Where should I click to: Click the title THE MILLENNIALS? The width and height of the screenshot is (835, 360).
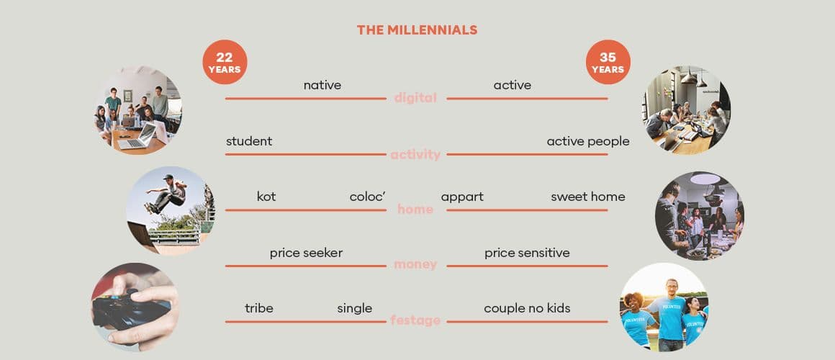pyautogui.click(x=417, y=30)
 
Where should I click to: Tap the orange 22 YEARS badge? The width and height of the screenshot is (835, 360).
pyautogui.click(x=225, y=62)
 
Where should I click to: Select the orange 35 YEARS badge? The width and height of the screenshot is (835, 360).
pyautogui.click(x=608, y=62)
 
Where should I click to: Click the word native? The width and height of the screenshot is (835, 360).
pyautogui.click(x=322, y=85)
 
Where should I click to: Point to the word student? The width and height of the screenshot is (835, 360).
pyautogui.click(x=248, y=141)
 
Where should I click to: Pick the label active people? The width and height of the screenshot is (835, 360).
pyautogui.click(x=588, y=142)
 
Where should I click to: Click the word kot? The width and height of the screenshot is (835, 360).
pyautogui.click(x=266, y=197)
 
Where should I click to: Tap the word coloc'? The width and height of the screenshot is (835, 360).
pyautogui.click(x=367, y=197)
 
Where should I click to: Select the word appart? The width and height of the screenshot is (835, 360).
pyautogui.click(x=462, y=197)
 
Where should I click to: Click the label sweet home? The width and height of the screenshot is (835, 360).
pyautogui.click(x=588, y=197)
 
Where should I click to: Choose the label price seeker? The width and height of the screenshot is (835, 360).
pyautogui.click(x=306, y=253)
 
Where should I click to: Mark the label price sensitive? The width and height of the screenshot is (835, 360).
pyautogui.click(x=527, y=253)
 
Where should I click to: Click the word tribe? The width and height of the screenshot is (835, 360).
pyautogui.click(x=259, y=308)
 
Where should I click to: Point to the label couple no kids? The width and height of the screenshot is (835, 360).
pyautogui.click(x=527, y=309)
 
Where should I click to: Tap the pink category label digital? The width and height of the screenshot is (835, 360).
pyautogui.click(x=415, y=98)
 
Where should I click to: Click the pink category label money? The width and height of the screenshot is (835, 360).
pyautogui.click(x=415, y=264)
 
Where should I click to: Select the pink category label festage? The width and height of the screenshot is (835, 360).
pyautogui.click(x=415, y=320)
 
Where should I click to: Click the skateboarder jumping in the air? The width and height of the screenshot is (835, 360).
pyautogui.click(x=166, y=193)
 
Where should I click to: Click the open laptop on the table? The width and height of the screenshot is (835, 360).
pyautogui.click(x=137, y=136)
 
